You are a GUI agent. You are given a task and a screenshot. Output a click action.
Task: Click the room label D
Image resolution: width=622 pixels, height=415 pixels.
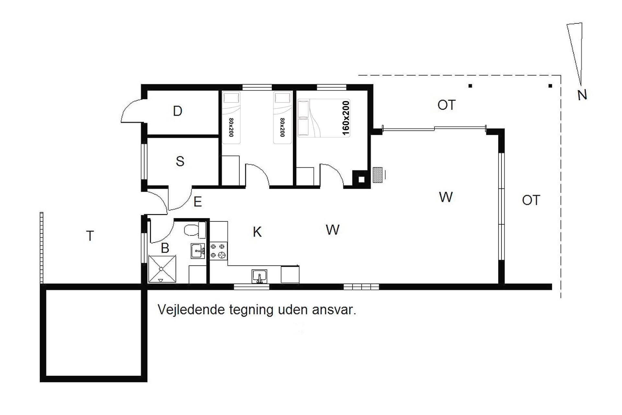pyautogui.click(x=178, y=111)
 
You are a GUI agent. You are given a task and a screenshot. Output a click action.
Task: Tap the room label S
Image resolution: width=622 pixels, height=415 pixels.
pyautogui.click(x=180, y=161)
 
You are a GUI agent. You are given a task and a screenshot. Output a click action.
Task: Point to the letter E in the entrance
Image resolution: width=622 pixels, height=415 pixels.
pyautogui.click(x=198, y=202)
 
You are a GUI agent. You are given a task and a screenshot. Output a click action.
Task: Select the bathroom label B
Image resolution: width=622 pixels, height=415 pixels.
pyautogui.click(x=165, y=248)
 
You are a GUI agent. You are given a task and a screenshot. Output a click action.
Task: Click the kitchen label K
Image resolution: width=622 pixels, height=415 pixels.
pyautogui.click(x=257, y=232)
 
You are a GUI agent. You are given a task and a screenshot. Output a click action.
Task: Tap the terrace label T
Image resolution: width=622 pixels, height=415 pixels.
pyautogui.click(x=90, y=236)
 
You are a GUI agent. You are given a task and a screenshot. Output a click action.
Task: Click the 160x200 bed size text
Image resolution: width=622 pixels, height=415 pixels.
pyautogui.click(x=346, y=118)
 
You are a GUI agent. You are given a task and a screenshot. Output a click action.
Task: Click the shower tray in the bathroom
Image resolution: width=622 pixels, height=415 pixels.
pyautogui.click(x=162, y=269)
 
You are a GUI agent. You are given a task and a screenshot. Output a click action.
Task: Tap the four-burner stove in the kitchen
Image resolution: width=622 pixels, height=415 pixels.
pyautogui.click(x=218, y=251)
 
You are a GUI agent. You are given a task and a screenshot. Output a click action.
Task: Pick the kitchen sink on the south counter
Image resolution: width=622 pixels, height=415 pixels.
pyautogui.click(x=259, y=276)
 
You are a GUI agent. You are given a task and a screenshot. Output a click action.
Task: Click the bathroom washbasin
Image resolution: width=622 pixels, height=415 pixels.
pyautogui.click(x=198, y=251)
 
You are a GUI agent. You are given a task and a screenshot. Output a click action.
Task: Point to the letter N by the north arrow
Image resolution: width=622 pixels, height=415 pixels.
pyautogui.click(x=582, y=95)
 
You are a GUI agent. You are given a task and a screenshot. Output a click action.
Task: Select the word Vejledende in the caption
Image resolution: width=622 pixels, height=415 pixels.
pyautogui.click(x=191, y=310)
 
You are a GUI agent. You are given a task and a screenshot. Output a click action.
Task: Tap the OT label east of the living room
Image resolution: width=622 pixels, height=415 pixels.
pyautogui.click(x=531, y=200)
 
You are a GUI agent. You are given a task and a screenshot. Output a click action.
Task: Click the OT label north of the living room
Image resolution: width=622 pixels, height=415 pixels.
pyautogui.click(x=446, y=105)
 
